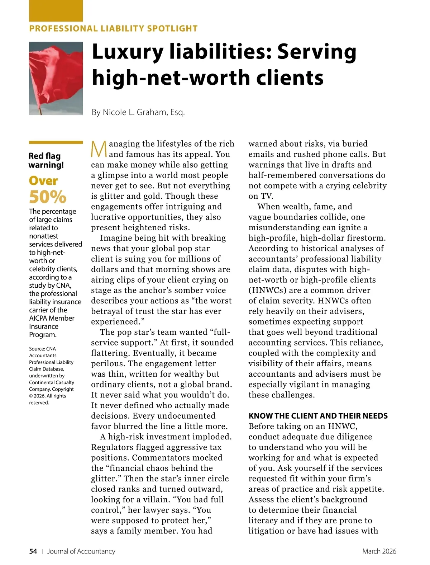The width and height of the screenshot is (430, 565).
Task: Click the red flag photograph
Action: tap(56, 78)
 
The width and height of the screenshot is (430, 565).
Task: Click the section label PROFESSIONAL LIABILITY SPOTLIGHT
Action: tap(113, 29)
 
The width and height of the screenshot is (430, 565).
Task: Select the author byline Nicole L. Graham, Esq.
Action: tap(138, 112)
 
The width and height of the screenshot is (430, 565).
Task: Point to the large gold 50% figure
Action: tap(48, 197)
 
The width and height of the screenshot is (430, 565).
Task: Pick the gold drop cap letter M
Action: tap(99, 149)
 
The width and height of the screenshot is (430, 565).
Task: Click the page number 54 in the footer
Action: tap(33, 551)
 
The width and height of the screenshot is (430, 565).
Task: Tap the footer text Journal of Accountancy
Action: tap(81, 551)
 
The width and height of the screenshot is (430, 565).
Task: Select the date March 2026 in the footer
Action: tap(379, 551)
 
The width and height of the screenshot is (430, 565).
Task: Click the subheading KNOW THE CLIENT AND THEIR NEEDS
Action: tap(318, 416)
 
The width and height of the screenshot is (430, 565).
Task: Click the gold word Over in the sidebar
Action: tap(43, 180)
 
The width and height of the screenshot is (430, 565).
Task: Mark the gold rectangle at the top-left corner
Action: tap(56, 11)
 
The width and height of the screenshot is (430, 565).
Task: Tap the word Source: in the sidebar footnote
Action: tap(37, 349)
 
